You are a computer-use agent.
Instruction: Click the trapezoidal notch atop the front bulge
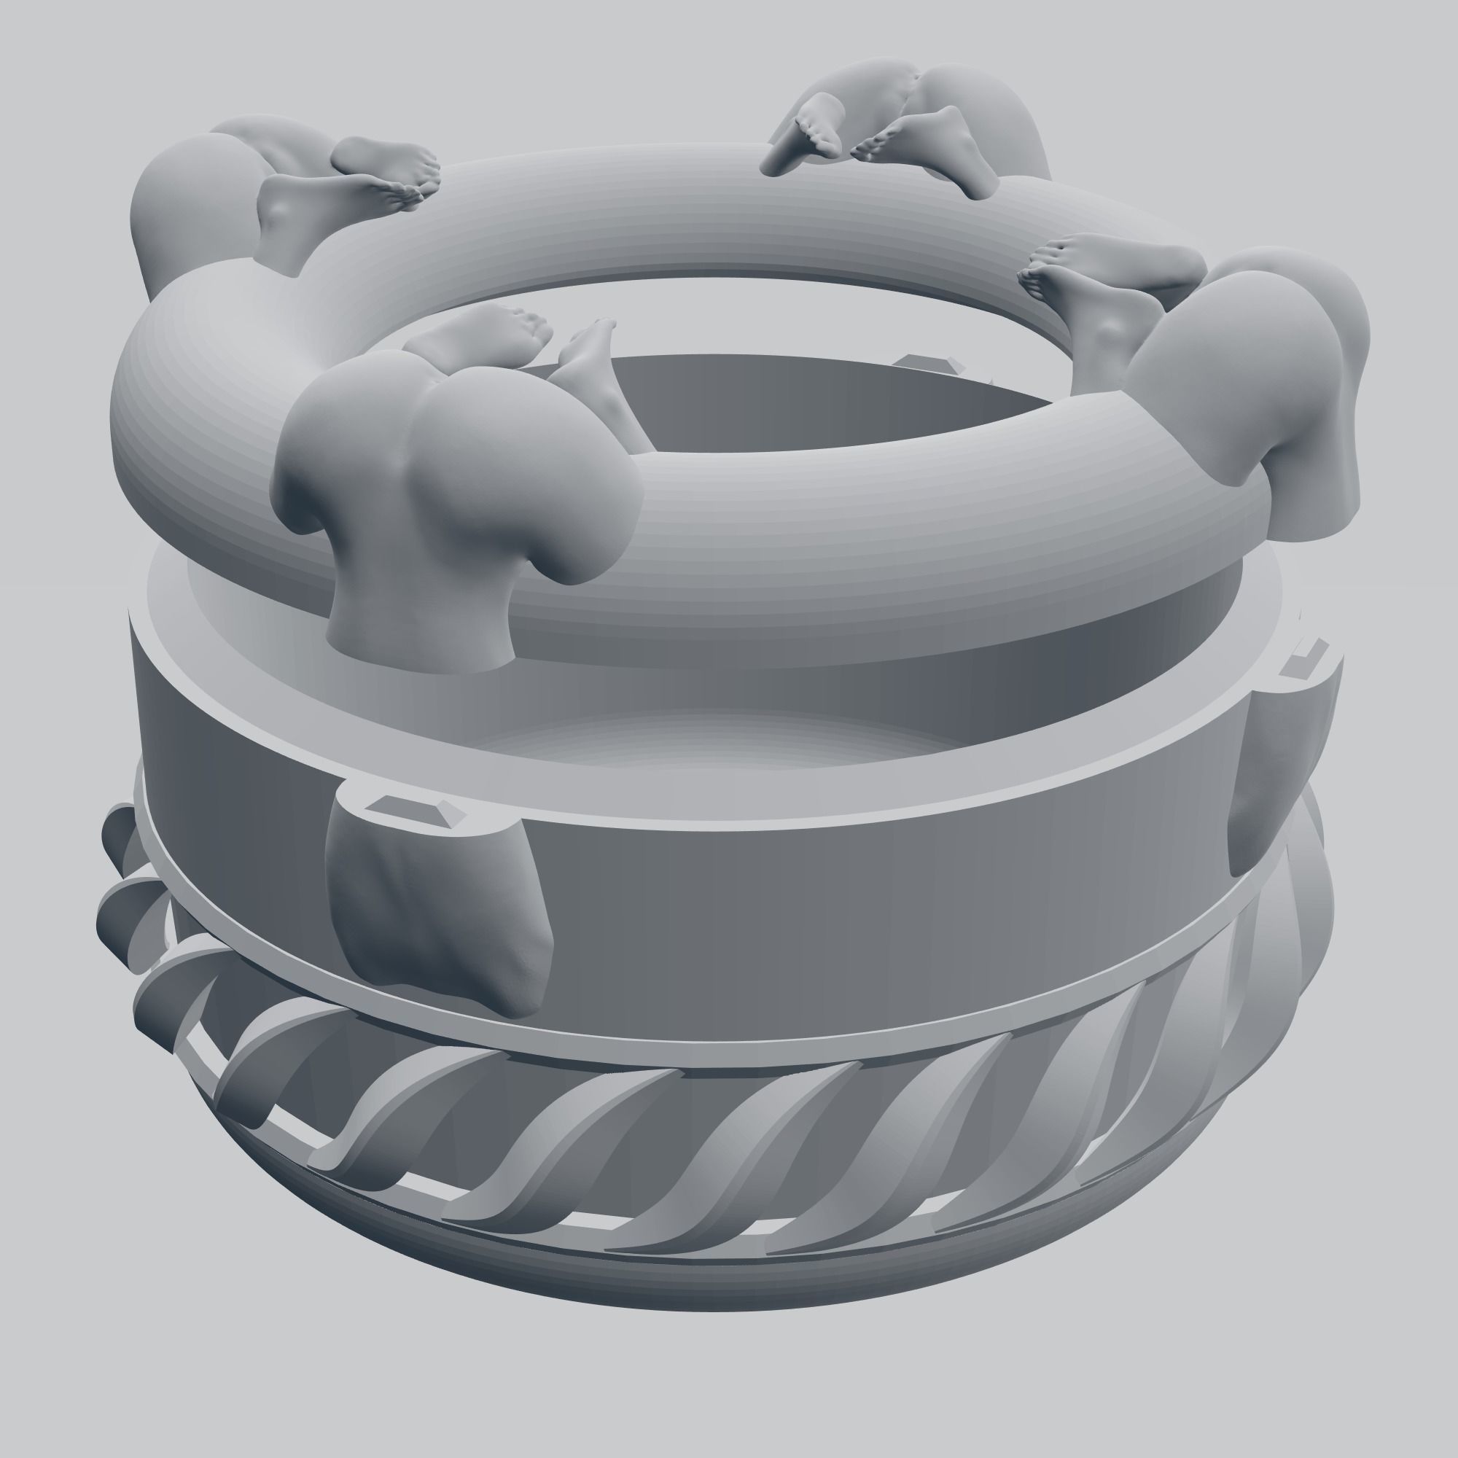click(x=413, y=809)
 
